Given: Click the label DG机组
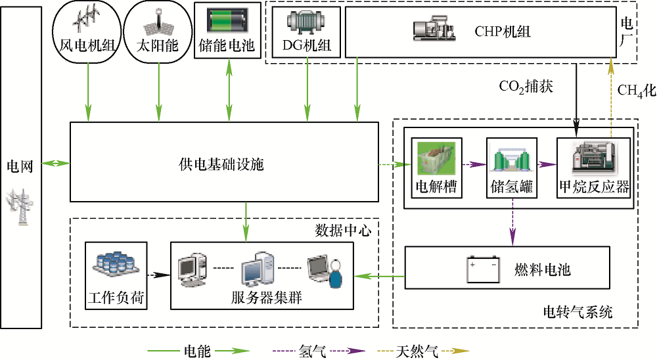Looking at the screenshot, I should pyautogui.click(x=306, y=47).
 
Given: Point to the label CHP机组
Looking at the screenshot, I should pyautogui.click(x=503, y=31).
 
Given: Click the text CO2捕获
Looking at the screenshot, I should pyautogui.click(x=528, y=86).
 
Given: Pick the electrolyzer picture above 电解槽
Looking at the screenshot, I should pyautogui.click(x=436, y=156).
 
